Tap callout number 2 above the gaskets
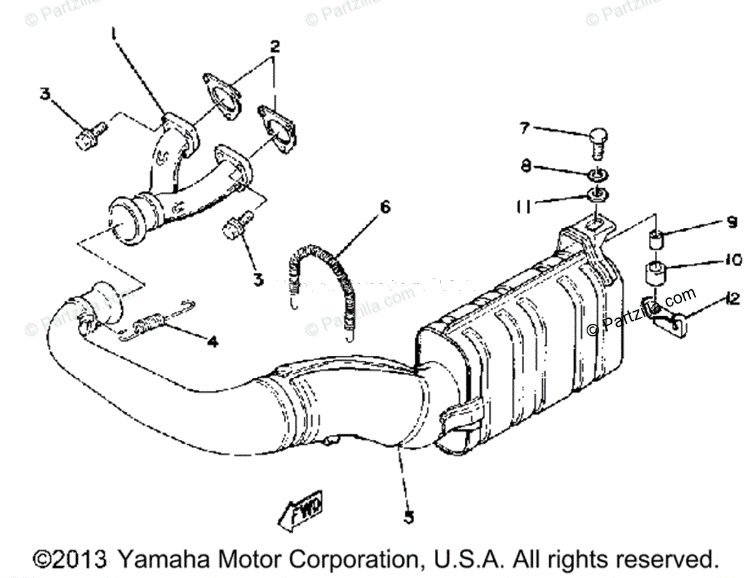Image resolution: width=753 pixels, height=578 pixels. (x=274, y=47)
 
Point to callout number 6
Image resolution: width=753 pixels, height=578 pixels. (x=384, y=206)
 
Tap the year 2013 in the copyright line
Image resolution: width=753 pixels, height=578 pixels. (x=78, y=558)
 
